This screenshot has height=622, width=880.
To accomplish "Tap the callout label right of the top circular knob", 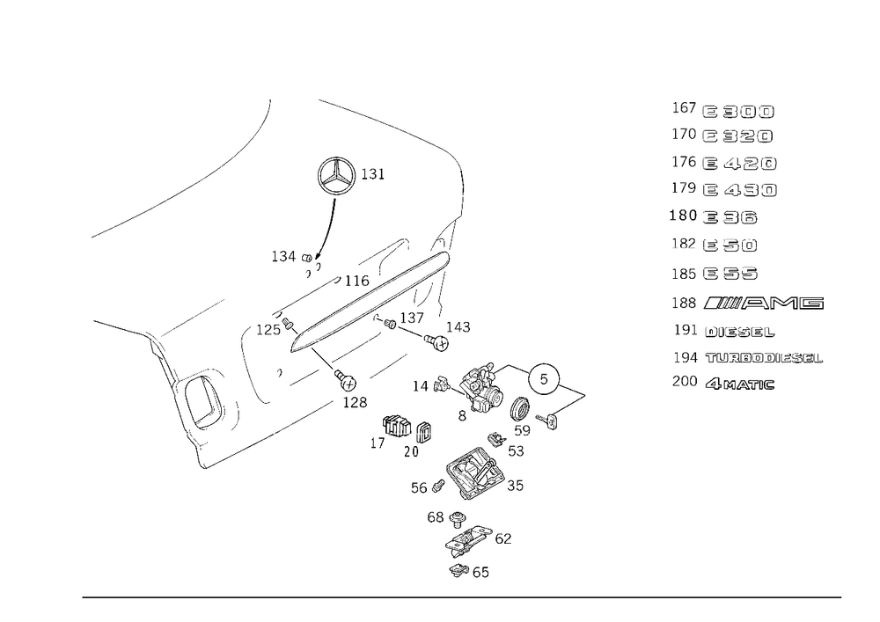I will point(373,174).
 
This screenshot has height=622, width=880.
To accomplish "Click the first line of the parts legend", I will point(722,112).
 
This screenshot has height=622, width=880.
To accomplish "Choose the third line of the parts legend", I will point(723,164).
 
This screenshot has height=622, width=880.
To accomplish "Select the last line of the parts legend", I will point(722,384).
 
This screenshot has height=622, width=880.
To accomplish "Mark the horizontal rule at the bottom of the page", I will point(462,596).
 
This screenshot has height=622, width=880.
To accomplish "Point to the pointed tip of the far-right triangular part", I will point(586,393).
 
